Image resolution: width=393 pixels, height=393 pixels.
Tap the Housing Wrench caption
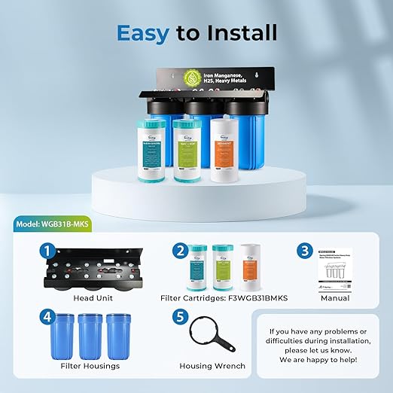click(x=213, y=366)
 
